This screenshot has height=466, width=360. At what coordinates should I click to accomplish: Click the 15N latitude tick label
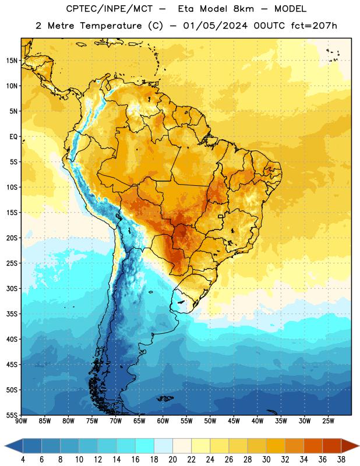click(x=12, y=61)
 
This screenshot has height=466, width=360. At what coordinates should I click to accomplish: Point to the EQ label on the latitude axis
click(x=13, y=137)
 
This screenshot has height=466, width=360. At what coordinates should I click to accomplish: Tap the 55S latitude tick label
click(x=12, y=415)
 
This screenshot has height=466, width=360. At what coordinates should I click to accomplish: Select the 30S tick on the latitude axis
click(x=12, y=288)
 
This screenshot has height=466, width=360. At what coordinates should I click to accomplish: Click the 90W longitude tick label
click(x=21, y=421)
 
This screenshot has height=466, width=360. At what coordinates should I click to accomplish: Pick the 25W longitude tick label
click(x=328, y=421)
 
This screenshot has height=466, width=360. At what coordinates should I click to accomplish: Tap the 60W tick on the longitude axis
click(x=163, y=421)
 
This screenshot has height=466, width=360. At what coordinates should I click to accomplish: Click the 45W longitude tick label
click(x=234, y=421)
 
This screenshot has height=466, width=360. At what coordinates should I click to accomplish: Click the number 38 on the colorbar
click(x=341, y=460)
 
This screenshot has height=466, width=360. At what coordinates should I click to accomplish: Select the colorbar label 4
click(x=23, y=460)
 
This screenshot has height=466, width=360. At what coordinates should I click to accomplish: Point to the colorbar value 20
click(x=172, y=460)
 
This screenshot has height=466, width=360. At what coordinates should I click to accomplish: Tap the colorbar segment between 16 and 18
click(x=145, y=446)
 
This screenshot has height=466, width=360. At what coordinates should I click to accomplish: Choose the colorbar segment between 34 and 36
click(x=313, y=446)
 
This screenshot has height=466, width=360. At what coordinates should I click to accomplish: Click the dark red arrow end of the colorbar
click(x=350, y=446)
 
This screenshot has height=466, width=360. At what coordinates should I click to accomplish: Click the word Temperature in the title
click(x=111, y=26)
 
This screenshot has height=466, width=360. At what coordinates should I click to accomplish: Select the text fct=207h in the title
click(x=314, y=26)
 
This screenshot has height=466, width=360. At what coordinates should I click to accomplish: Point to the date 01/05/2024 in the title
click(x=215, y=26)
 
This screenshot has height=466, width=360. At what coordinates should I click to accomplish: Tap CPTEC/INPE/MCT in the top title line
click(x=110, y=9)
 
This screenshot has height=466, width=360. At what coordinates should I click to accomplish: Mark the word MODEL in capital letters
click(x=290, y=9)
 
